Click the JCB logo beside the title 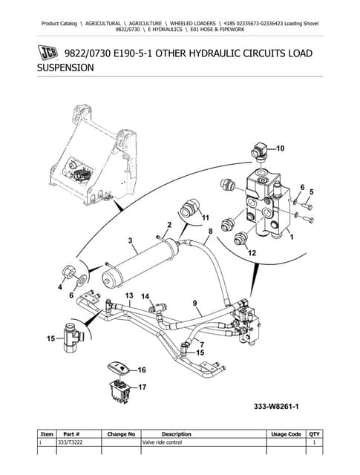point(48,54)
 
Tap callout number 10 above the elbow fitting point(280,148)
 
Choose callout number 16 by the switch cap point(141,369)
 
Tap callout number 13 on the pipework point(128,295)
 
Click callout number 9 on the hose point(194,303)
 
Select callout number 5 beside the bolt point(310,191)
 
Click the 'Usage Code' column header point(286,434)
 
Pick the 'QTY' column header point(313,434)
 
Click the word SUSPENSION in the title point(65,67)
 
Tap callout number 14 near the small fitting point(145,296)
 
